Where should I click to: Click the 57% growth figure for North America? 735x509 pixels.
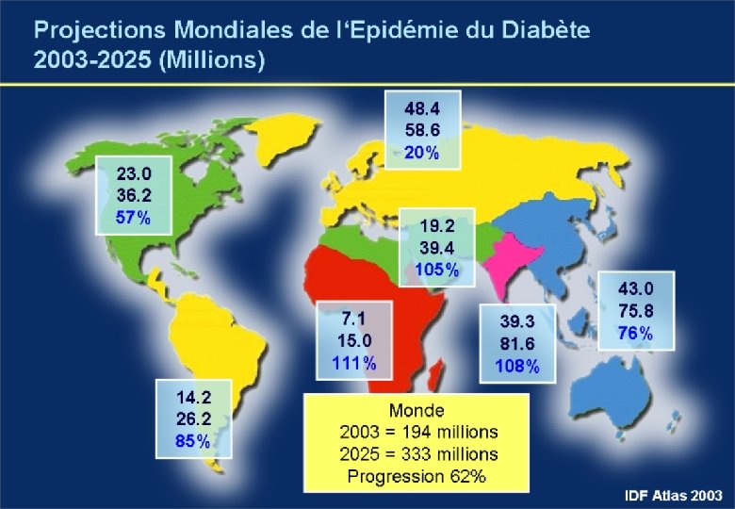133,218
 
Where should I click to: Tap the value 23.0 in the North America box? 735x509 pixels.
134,173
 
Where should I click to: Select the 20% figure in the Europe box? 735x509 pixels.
422,153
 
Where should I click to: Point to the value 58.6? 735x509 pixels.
422,130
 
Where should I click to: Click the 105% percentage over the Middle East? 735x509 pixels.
437,270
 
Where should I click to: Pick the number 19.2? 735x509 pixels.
437,226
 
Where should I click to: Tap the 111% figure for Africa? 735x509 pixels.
354,363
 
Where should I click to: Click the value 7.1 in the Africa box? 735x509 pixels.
353,319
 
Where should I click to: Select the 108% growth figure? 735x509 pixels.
517,366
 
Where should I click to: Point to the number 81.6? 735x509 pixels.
517,343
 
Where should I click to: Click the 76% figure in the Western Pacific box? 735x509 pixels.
635,334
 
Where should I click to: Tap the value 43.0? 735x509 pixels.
636,288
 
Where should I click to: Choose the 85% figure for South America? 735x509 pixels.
192,441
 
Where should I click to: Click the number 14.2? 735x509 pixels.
193,397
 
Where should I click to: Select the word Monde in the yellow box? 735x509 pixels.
416,411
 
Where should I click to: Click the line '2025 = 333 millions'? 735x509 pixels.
418,453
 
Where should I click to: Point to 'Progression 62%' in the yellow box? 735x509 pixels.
416,476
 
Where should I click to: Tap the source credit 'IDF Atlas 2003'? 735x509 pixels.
674,496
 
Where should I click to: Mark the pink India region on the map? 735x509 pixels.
511,265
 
